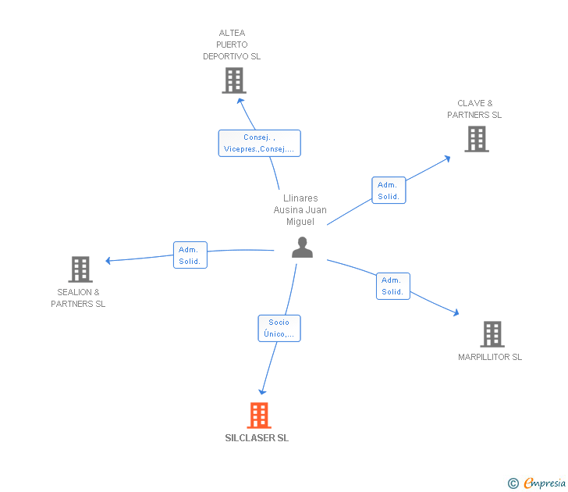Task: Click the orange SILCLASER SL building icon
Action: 259,415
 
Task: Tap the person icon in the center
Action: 302,248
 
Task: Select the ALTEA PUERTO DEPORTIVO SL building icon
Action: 234,80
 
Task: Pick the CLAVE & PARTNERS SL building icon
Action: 477,139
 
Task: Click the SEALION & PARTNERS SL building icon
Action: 80,269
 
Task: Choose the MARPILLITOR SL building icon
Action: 492,334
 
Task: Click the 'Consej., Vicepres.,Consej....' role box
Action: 259,143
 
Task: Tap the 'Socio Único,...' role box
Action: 279,328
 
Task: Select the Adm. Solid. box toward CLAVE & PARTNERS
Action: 389,191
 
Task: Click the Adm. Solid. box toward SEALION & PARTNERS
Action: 190,255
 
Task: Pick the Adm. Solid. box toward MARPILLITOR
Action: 393,286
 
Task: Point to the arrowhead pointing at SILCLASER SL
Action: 262,391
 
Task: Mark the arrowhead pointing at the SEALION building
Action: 108,260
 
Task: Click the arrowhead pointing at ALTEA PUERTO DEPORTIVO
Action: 240,102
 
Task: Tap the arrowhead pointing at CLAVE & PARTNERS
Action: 447,159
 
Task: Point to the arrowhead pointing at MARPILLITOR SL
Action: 456,312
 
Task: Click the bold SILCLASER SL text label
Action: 257,438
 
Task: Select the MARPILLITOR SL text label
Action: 490,357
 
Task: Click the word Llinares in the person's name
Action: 300,198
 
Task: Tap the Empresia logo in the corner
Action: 537,483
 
